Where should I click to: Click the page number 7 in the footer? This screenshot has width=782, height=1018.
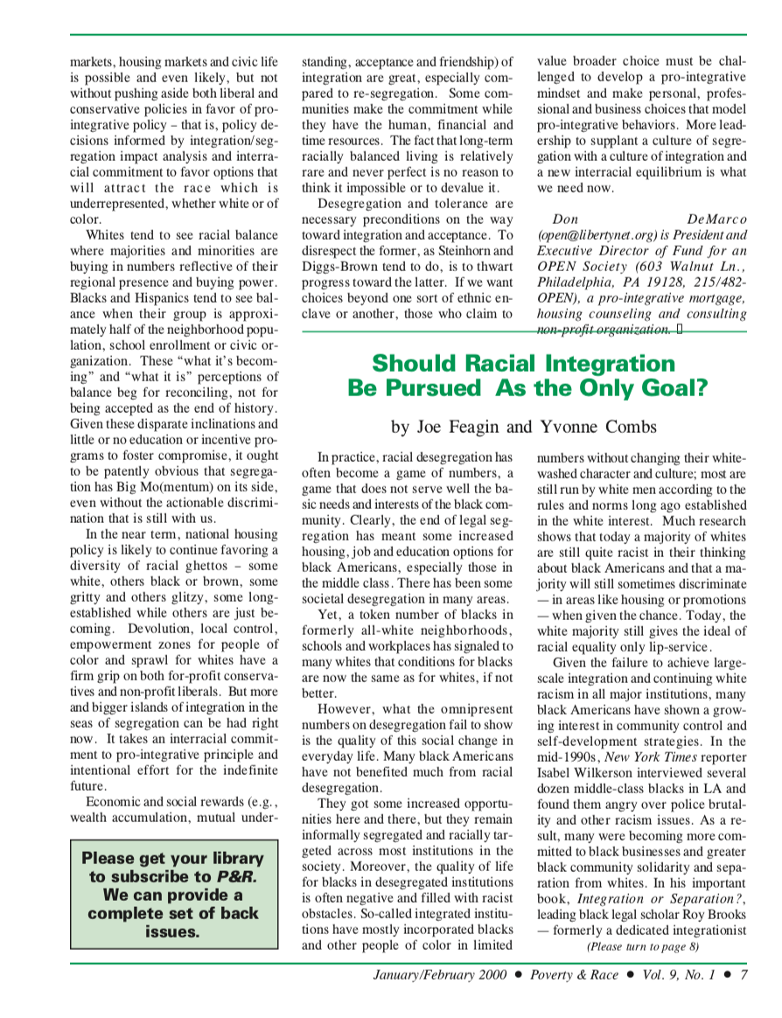click(x=744, y=977)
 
